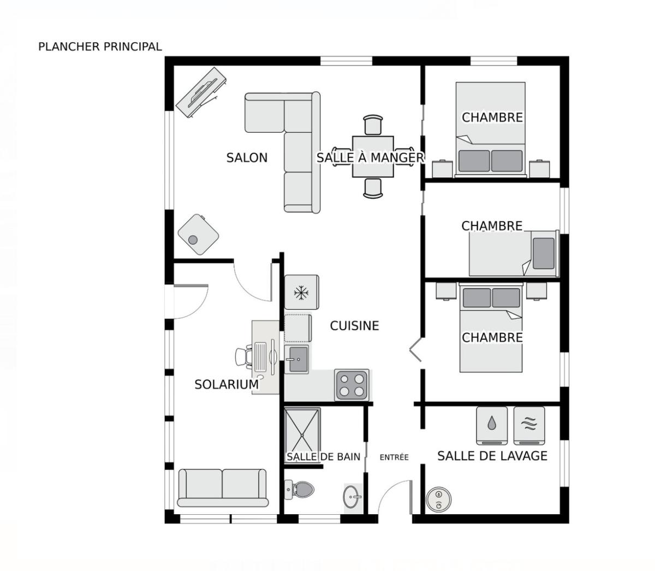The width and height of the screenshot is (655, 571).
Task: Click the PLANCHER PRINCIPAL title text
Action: click(x=100, y=47)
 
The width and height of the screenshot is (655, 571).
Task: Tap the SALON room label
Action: click(x=247, y=158)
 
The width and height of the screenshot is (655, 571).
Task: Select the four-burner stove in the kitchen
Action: click(x=352, y=384)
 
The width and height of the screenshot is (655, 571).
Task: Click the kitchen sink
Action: click(x=298, y=359)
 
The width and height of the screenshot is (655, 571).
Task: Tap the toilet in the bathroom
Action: click(x=300, y=489)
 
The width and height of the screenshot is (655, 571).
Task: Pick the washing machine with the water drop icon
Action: click(x=492, y=424)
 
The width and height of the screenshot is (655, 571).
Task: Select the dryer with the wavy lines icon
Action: click(x=528, y=424)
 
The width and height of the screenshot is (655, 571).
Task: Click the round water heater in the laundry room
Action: click(x=438, y=499)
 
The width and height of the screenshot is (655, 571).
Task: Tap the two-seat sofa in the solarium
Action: click(x=223, y=487)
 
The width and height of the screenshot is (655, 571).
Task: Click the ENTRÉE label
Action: click(x=394, y=457)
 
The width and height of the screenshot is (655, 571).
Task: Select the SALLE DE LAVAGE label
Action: click(x=492, y=456)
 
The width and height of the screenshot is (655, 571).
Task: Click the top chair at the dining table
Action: click(x=373, y=125)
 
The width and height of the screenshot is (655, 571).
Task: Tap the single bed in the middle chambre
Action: click(x=513, y=253)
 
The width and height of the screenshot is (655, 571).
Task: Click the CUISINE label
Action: click(x=354, y=326)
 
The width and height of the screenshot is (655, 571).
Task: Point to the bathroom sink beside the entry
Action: click(x=352, y=497)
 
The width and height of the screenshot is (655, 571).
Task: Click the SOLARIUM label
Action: click(x=227, y=384)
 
